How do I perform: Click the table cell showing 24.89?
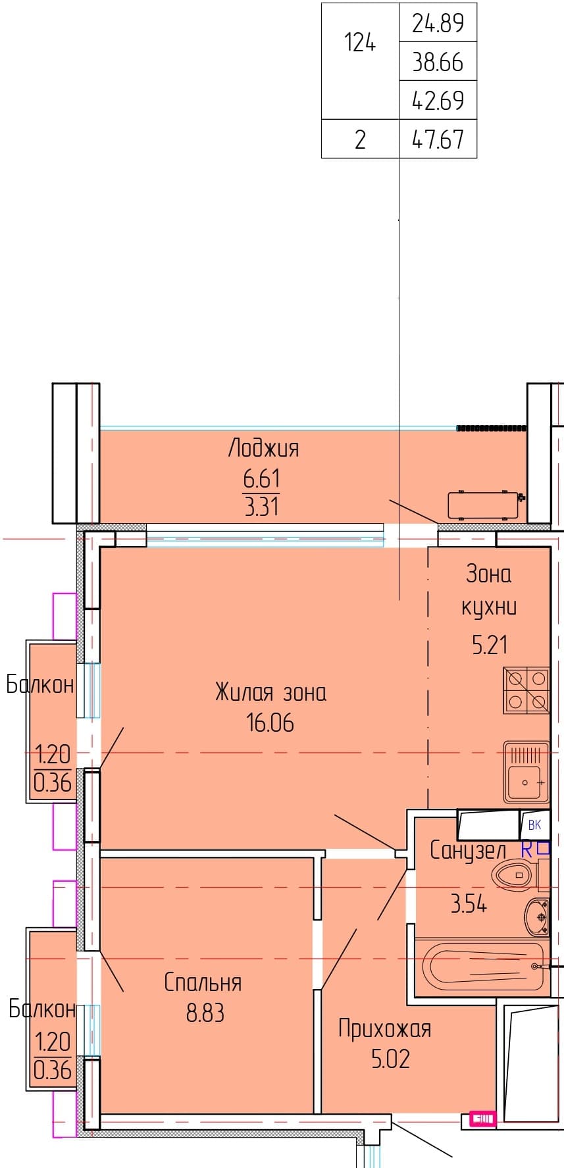[438, 23]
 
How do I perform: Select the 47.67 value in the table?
[438, 139]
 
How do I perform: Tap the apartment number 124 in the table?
[360, 43]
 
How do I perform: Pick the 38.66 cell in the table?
[438, 62]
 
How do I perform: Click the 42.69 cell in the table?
[438, 100]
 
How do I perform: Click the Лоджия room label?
[263, 448]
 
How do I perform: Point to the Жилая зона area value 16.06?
[270, 723]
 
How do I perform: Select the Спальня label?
[203, 982]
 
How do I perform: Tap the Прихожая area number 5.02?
[391, 1059]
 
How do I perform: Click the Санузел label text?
[468, 850]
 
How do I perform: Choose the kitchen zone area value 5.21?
[490, 645]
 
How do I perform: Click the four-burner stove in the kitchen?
[526, 690]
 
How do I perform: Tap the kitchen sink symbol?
[526, 772]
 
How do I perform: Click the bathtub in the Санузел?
[481, 967]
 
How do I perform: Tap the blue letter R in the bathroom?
[526, 850]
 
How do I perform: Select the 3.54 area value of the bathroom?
[469, 903]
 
